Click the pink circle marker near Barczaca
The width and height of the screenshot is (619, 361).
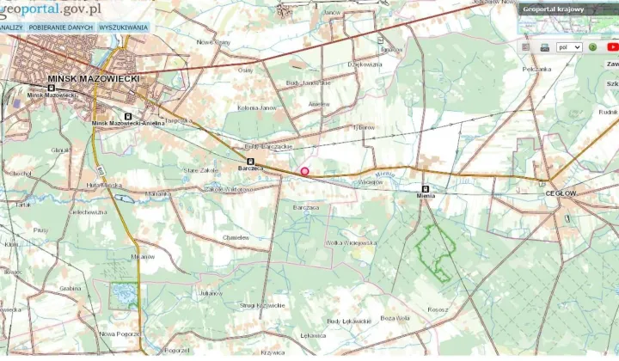(304, 171)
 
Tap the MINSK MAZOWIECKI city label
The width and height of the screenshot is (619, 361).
(94, 78)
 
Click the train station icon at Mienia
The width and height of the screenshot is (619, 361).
(425, 187)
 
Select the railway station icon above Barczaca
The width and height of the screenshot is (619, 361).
(250, 161)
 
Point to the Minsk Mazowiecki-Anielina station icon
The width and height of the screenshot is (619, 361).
(129, 116)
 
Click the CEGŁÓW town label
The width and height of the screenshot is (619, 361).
(561, 193)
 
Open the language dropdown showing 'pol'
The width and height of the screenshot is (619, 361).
(569, 47)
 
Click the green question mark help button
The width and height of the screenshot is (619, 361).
(592, 47)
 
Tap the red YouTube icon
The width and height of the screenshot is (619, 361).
(612, 47)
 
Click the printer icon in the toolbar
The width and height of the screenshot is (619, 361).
(544, 47)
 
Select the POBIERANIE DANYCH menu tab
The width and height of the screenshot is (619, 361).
(60, 28)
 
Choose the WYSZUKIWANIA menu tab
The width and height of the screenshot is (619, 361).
(123, 28)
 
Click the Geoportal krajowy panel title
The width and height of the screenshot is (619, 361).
(555, 9)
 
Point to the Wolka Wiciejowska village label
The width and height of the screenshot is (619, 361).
(351, 242)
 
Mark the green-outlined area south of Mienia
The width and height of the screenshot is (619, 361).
(435, 249)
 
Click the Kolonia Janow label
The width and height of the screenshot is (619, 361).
(258, 107)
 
